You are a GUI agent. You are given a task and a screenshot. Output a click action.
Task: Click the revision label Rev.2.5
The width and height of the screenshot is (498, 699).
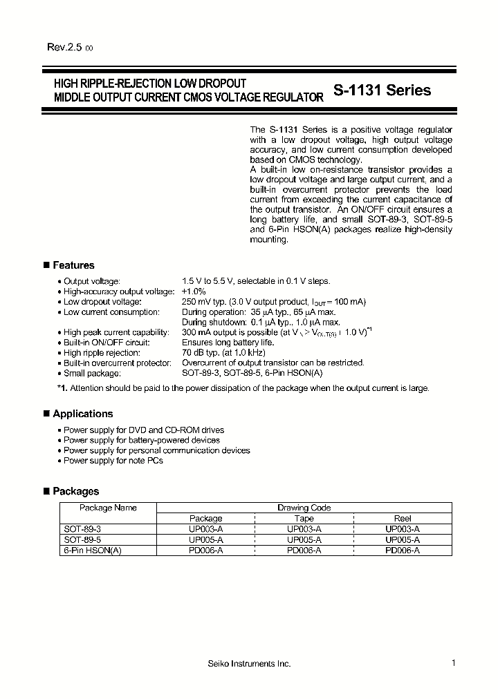click(x=65, y=47)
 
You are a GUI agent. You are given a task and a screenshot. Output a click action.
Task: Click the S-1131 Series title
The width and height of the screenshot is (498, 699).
click(x=382, y=90)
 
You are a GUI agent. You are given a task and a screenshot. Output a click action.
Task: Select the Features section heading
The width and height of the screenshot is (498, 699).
click(x=73, y=265)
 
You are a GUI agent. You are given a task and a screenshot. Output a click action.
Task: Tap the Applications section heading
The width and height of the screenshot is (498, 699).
click(x=82, y=414)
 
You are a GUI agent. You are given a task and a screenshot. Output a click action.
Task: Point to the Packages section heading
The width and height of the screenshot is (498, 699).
click(x=75, y=491)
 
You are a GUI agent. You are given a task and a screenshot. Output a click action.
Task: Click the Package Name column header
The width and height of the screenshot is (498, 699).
click(x=108, y=508)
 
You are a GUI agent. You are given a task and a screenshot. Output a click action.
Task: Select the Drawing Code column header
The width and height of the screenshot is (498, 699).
click(x=304, y=508)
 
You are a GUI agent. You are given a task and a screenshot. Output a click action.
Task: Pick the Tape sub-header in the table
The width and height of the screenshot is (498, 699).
click(x=304, y=518)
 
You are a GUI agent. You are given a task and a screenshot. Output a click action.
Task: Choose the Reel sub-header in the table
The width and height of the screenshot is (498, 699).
click(x=402, y=518)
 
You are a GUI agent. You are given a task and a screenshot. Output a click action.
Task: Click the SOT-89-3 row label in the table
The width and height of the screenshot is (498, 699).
click(x=82, y=528)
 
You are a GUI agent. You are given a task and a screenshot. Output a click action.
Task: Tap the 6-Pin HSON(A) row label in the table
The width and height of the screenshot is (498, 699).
click(x=92, y=550)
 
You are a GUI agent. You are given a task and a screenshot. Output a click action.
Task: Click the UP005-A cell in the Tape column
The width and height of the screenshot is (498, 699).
click(x=304, y=539)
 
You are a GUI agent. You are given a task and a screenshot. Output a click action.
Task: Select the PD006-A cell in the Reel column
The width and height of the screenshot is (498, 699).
click(x=402, y=550)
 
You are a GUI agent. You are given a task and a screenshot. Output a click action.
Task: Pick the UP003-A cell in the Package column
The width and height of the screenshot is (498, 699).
click(x=205, y=528)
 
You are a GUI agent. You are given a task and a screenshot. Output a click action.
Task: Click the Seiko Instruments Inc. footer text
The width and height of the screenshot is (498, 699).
click(x=249, y=664)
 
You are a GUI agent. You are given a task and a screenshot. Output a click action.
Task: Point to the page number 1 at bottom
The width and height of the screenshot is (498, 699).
click(x=453, y=663)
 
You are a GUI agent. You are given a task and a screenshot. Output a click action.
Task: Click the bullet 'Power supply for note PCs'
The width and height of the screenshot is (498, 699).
click(x=113, y=461)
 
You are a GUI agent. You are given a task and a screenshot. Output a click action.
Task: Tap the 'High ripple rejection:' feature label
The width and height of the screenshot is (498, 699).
click(x=102, y=352)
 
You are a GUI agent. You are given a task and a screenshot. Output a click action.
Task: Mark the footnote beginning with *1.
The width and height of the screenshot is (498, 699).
click(x=242, y=388)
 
